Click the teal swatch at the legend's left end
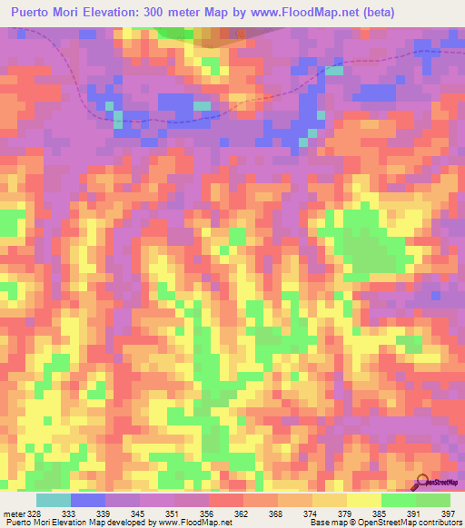coord(53,500)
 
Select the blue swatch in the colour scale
coord(88,500)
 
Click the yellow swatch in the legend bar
coord(363,500)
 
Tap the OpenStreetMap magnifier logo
coord(423,482)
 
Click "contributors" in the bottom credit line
coord(438,523)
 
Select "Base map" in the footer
coord(324,523)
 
